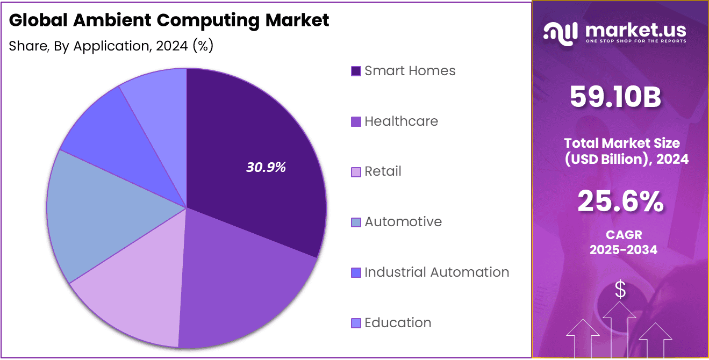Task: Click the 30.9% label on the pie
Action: [266, 167]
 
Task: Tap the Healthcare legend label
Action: [401, 121]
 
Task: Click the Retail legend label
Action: [383, 171]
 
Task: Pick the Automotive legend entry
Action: [403, 222]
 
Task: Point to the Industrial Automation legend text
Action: [436, 272]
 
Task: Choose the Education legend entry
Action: [398, 323]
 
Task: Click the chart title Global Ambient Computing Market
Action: [169, 20]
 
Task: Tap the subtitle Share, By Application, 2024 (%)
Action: [111, 46]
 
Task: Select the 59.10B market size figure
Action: [615, 97]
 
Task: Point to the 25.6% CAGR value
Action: [620, 201]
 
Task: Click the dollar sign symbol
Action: [620, 290]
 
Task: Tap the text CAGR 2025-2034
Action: [623, 242]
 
